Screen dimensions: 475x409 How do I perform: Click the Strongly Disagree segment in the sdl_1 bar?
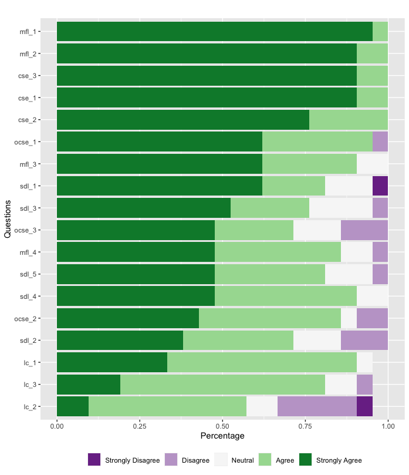tap(380, 186)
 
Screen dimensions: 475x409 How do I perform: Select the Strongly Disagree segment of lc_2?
tap(364, 406)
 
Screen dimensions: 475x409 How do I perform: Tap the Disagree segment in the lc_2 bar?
tap(317, 406)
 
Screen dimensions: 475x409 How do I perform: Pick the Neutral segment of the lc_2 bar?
tap(262, 406)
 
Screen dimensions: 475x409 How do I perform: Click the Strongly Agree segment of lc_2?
tap(73, 406)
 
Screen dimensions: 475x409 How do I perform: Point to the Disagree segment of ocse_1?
tap(380, 142)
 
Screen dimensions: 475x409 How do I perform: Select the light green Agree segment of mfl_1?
tap(380, 31)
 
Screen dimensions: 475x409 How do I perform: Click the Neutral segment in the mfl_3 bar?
tap(372, 164)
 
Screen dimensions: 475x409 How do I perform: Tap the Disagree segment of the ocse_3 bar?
tap(364, 230)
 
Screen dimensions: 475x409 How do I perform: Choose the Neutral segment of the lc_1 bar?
tap(364, 362)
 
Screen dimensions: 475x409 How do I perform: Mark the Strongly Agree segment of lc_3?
tap(89, 385)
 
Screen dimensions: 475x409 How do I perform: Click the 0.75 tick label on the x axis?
tap(305, 425)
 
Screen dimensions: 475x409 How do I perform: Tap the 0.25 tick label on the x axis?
tap(140, 425)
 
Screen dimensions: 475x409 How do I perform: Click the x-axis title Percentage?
tap(222, 436)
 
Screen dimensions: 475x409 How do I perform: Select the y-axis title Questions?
tap(8, 219)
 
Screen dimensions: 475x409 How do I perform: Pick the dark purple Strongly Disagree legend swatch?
tap(94, 460)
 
